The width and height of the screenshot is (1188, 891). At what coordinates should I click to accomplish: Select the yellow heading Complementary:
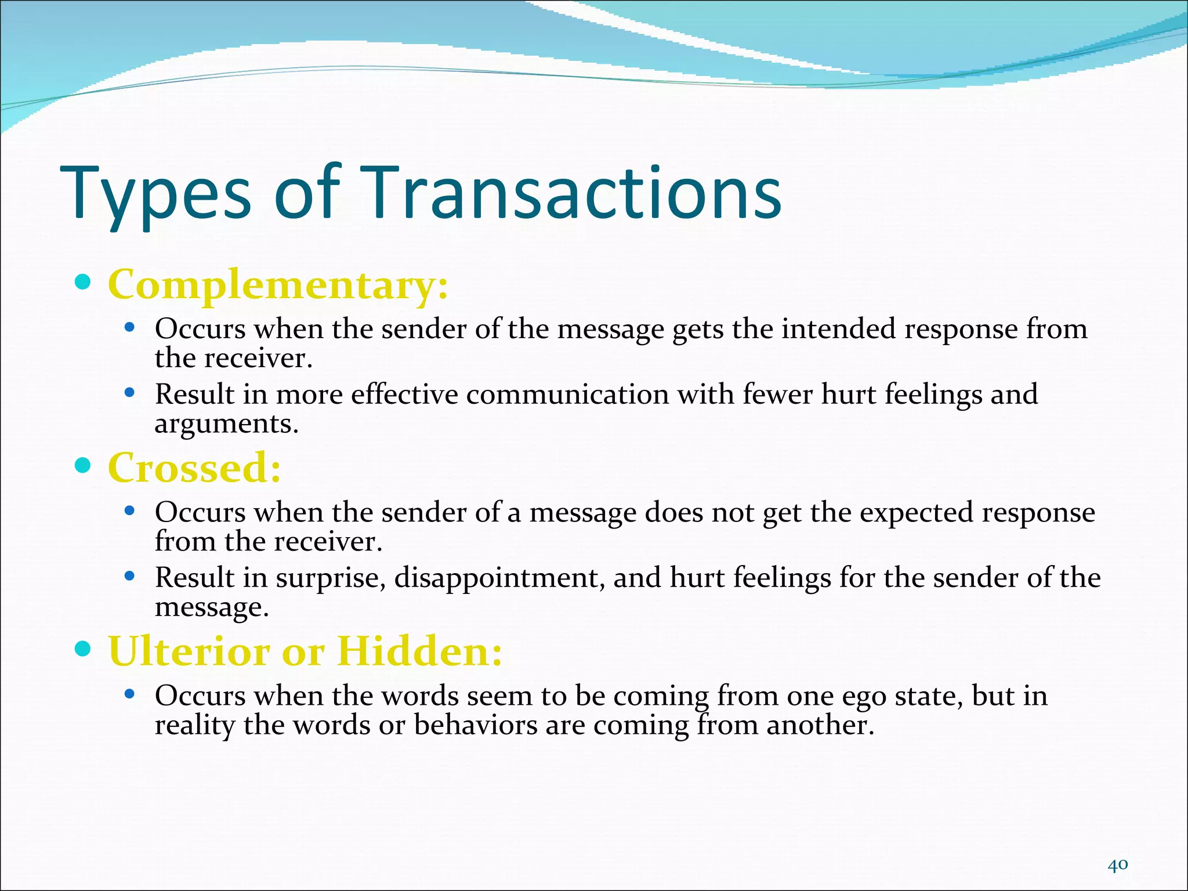278,285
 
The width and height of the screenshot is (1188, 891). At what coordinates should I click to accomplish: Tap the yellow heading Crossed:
194,468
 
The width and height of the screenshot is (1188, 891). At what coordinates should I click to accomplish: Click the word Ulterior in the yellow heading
189,651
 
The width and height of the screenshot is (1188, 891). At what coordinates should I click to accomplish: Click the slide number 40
1117,849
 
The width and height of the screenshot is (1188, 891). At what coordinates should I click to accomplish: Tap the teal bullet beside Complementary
84,282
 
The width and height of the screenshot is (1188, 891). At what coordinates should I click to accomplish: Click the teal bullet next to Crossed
84,465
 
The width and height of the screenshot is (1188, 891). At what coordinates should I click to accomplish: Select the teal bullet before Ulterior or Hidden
84,649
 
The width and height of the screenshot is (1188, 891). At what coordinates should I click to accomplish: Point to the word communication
567,394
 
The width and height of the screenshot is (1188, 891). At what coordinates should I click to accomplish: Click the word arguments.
226,424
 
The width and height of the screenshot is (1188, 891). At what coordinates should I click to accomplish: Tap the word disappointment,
499,578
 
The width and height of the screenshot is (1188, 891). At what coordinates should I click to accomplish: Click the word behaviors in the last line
476,725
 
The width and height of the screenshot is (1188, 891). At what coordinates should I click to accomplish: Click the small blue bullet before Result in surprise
130,577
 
